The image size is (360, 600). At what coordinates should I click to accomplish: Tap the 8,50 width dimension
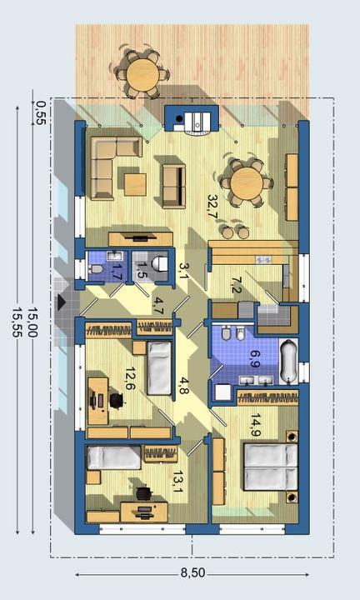pos(192,572)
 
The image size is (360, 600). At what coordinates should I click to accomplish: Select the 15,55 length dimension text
pos(18,318)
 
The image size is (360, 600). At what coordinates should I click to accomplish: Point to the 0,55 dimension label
pos(40,112)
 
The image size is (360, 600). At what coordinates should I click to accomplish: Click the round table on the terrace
pos(143,74)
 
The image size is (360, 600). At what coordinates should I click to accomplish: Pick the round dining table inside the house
pos(247,182)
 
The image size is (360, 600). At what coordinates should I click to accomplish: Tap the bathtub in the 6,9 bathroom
pos(288,361)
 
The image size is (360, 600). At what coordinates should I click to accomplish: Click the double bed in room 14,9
pos(271,467)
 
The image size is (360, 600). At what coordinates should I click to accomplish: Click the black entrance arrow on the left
pos(62,302)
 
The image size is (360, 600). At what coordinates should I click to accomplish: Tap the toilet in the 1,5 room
pos(159,263)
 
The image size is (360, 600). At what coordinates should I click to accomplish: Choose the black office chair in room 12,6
pos(117,400)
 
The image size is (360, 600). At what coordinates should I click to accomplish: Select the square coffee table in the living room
pos(135,184)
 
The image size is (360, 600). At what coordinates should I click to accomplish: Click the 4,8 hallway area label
pos(182,386)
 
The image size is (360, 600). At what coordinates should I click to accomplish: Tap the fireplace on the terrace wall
pos(192,118)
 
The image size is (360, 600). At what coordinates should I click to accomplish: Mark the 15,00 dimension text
pos(32,322)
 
